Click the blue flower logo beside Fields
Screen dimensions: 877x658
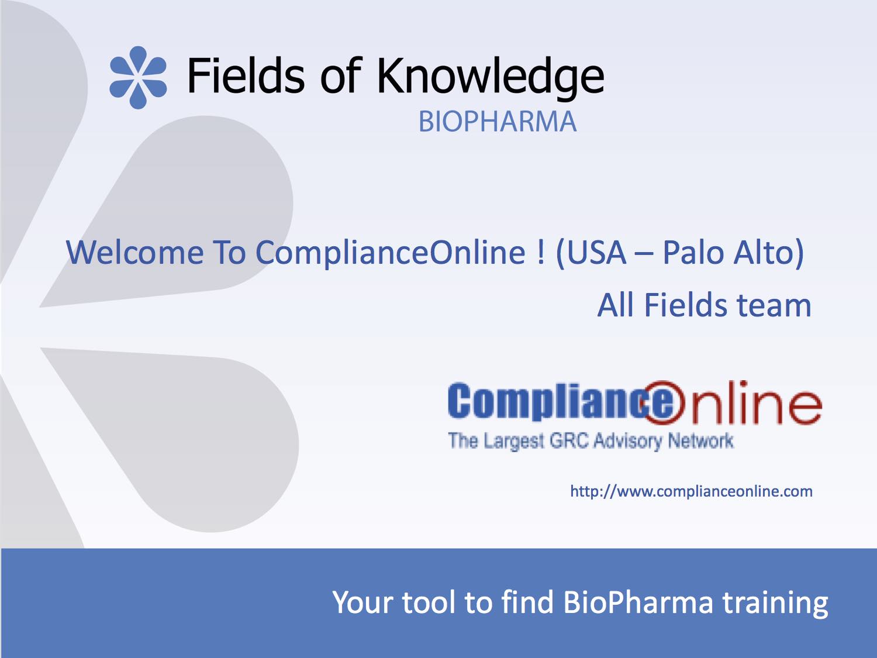pos(138,78)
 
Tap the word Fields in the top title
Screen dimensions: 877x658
pos(246,75)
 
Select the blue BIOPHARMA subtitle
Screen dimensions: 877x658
pos(498,122)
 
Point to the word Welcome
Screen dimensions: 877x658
pos(135,253)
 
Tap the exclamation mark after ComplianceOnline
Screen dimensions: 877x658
pos(541,253)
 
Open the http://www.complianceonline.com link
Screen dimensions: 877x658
pos(691,491)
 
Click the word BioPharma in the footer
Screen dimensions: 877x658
pos(638,602)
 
